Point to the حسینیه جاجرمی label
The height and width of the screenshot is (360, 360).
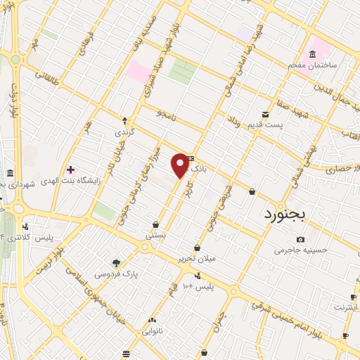301,250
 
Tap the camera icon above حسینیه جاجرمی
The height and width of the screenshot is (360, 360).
301,239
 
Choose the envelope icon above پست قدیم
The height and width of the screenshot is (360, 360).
265,114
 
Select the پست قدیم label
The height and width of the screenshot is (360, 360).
264,124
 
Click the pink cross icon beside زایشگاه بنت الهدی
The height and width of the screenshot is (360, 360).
70,169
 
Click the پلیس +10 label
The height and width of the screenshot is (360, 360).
198,287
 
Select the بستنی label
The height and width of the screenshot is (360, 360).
155,236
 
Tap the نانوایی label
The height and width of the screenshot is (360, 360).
153,330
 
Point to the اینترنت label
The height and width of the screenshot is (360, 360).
346,307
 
